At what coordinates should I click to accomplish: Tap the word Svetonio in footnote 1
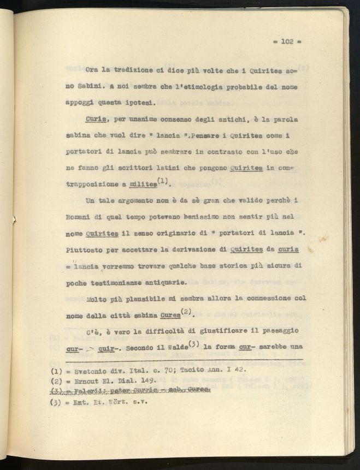(90, 372)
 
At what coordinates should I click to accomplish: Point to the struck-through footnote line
(133, 391)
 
